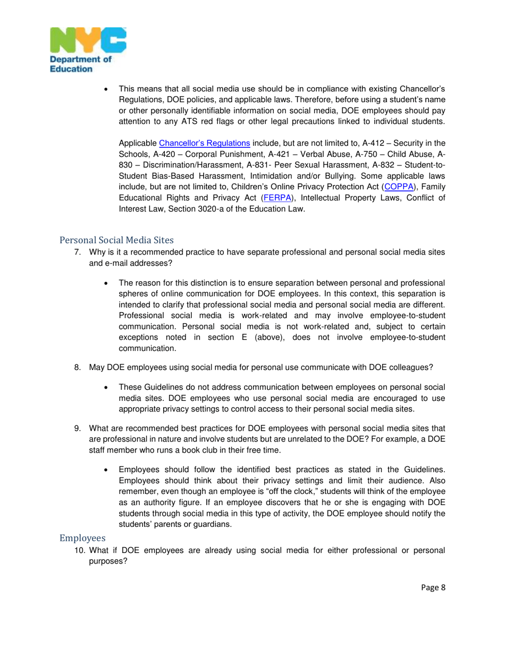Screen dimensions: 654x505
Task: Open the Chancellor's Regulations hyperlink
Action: [204, 143]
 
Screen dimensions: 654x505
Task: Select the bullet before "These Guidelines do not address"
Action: [107, 388]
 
